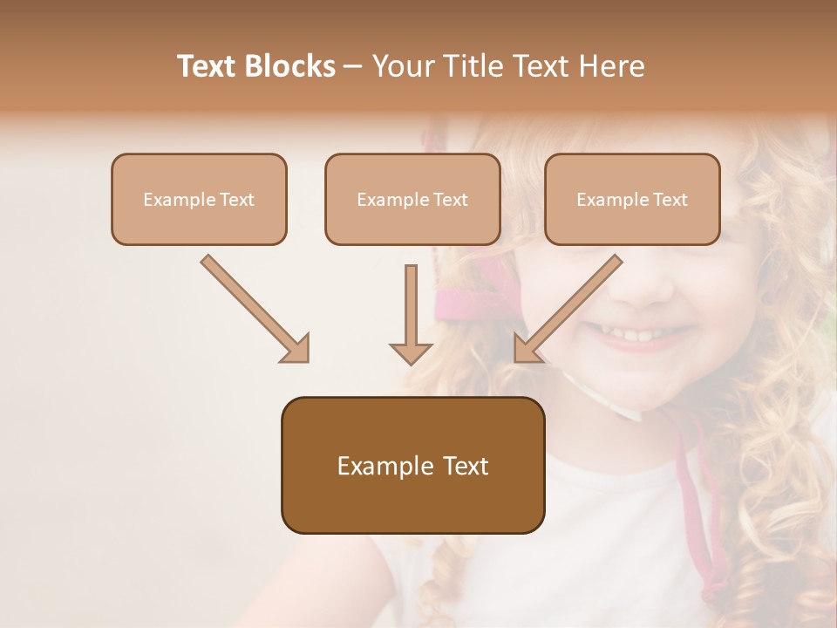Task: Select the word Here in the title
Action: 609,66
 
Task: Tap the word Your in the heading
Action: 400,66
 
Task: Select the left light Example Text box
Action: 199,199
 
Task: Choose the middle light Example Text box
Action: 412,199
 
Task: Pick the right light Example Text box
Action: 632,199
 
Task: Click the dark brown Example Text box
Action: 412,465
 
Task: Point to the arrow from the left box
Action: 253,306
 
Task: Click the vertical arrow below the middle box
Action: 411,310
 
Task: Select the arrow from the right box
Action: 571,306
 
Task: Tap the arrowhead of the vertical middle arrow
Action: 411,352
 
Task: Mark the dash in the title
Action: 353,66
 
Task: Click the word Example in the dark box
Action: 373,466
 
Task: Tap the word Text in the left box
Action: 236,199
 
